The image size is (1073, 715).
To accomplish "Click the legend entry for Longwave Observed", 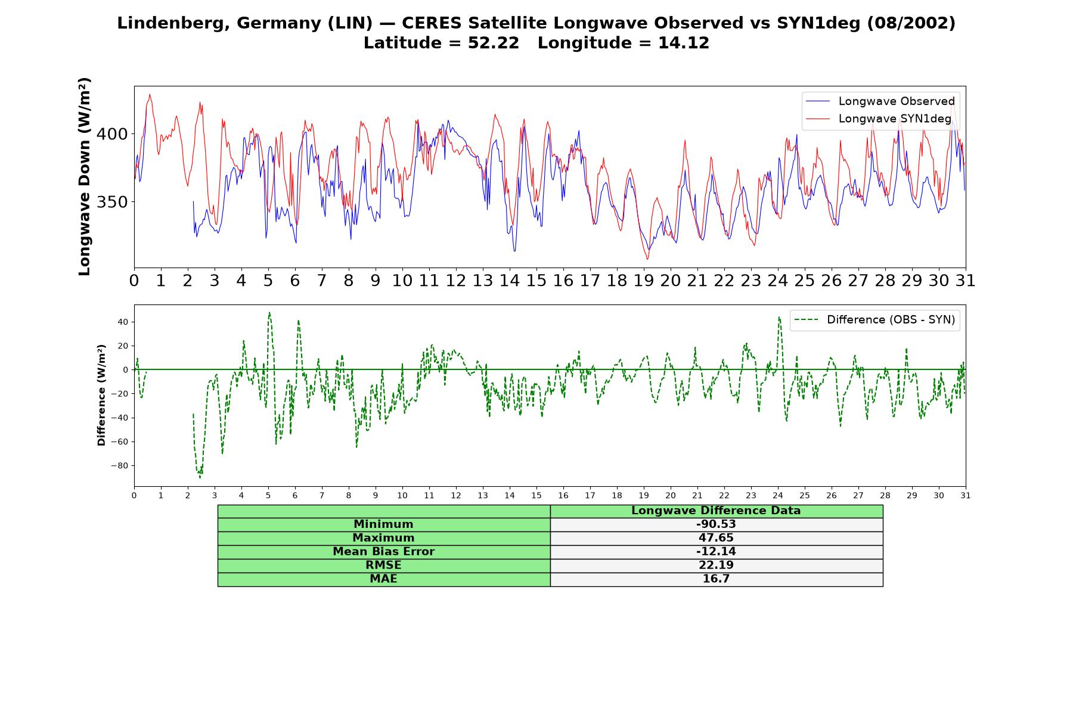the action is pos(880,101).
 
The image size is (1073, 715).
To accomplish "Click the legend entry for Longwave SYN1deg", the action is pos(879,119).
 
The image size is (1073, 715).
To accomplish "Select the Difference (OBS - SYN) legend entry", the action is pos(875,320).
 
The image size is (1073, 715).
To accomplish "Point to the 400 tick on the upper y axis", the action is pos(112,134).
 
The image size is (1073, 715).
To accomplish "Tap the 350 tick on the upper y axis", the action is pos(112,202).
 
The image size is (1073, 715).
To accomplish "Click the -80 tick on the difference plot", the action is pos(119,466).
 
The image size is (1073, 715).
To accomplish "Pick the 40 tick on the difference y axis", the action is pos(123,322).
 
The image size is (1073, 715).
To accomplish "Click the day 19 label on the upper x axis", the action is pos(644,281).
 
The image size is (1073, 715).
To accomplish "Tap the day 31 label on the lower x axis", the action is pos(966,495).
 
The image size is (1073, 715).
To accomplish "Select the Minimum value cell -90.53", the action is pos(716,524).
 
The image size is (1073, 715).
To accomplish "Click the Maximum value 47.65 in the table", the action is pos(716,538).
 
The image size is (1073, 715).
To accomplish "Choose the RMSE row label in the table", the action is pos(383,565).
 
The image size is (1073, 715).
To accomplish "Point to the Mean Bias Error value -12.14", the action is pos(716,552).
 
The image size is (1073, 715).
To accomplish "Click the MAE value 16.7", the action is pos(716,579).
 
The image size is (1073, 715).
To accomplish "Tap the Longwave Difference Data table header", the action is pos(716,511).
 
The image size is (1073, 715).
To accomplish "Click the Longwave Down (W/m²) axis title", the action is pos(85,176).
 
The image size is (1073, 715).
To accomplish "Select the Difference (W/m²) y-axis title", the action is pos(101,395).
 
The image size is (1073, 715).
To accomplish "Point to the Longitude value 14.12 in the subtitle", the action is pos(684,43).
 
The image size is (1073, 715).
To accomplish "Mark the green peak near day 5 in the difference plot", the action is pos(269,312).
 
